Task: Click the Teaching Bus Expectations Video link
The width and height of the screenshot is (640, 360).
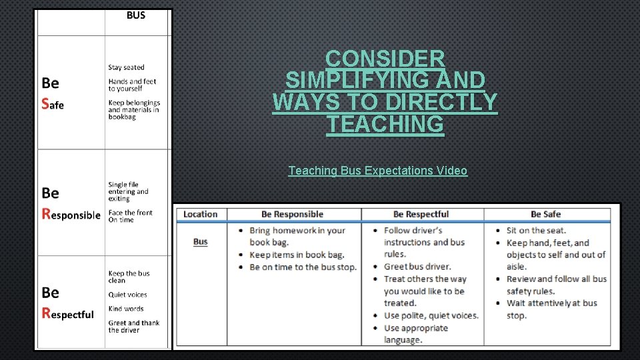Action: [x=377, y=171]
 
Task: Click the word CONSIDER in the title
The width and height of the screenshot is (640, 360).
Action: [x=385, y=59]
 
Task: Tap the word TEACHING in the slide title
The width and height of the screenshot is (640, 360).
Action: [x=385, y=124]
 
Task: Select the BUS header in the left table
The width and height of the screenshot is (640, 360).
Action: [x=136, y=15]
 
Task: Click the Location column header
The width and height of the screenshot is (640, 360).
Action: [x=201, y=214]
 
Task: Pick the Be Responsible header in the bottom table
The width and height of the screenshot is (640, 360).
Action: [x=292, y=214]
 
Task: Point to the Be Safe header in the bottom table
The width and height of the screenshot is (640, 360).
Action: [x=545, y=214]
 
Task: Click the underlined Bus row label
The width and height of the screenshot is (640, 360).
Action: [x=201, y=241]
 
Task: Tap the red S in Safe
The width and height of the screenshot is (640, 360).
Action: [x=45, y=103]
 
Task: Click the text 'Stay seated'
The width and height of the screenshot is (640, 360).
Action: [x=126, y=67]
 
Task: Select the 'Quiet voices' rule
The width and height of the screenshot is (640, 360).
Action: [x=128, y=295]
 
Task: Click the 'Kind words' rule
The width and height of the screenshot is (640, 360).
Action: [x=126, y=309]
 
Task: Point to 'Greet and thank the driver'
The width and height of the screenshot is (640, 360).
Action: [x=134, y=326]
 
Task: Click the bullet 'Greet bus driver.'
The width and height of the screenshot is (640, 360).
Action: [x=417, y=267]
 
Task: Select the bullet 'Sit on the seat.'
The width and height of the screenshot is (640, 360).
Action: [x=536, y=231]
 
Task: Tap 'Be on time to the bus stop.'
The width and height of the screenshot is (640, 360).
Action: [x=303, y=267]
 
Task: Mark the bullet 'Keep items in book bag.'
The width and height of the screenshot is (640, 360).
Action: [x=297, y=255]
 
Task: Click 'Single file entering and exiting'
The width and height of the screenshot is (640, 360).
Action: [x=129, y=191]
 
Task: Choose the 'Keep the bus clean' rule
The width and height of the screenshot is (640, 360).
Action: [x=129, y=277]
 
